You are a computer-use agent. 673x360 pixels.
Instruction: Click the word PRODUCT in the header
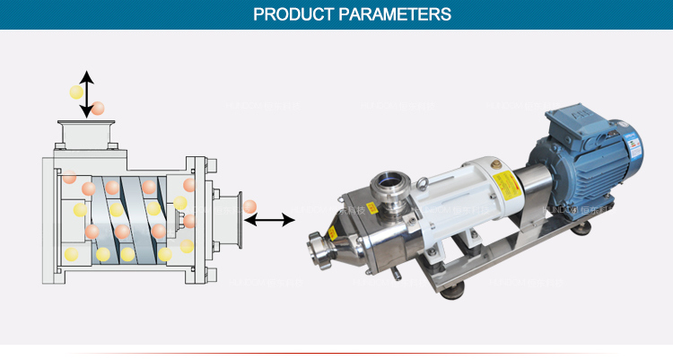[x=290, y=14]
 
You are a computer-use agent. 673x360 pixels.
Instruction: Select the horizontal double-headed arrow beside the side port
[x=270, y=219]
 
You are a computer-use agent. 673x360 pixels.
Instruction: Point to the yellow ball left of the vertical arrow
[x=76, y=92]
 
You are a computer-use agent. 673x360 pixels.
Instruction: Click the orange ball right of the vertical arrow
[x=98, y=108]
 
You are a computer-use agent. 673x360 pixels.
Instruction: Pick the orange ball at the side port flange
[x=249, y=207]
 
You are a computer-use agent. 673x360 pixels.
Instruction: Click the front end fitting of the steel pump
[x=318, y=244]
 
